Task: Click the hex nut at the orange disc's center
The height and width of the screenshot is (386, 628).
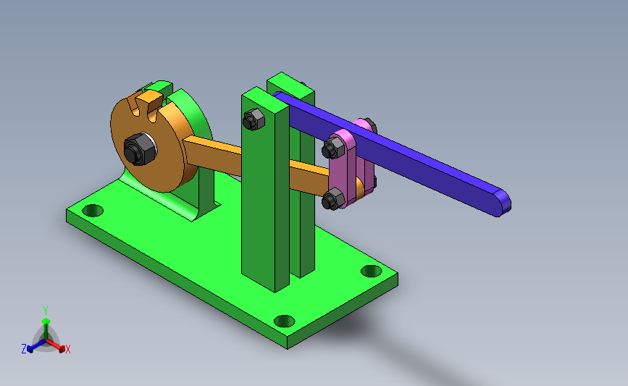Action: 139,149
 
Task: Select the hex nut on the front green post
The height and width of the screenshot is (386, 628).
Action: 254,119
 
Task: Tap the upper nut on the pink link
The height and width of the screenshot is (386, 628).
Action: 333,147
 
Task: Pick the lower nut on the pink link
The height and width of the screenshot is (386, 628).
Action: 333,199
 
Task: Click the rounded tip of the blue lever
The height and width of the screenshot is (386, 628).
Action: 503,203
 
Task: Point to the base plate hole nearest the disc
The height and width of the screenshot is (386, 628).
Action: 93,210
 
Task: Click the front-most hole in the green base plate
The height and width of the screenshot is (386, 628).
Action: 285,321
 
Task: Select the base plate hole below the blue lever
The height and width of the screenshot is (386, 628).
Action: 372,271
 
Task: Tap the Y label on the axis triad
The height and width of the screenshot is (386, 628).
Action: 46,311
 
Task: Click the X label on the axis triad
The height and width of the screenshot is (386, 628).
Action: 67,349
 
